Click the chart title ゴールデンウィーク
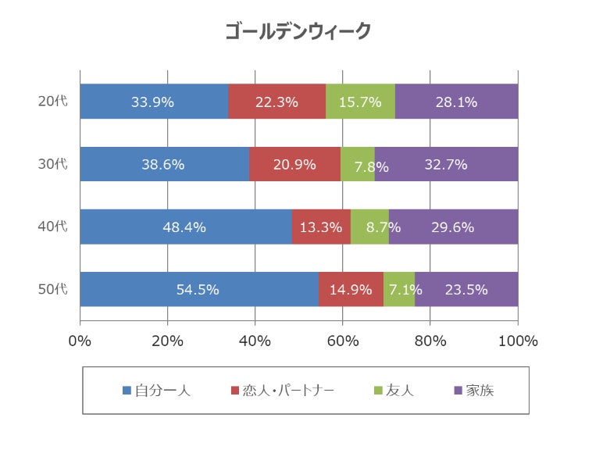[297, 31]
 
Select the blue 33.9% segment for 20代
[154, 102]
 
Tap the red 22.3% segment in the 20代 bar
[276, 102]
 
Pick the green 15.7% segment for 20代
[360, 102]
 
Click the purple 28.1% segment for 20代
[456, 102]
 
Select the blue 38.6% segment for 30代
[164, 164]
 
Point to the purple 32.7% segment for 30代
[446, 164]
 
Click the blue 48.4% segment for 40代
[185, 227]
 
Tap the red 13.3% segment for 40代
[321, 227]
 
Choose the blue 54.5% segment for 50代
[198, 289]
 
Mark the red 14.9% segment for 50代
[351, 289]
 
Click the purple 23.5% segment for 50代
[466, 289]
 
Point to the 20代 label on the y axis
[53, 102]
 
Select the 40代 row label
[53, 227]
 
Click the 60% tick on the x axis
[342, 341]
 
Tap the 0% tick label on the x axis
[80, 341]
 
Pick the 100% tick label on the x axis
[517, 341]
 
